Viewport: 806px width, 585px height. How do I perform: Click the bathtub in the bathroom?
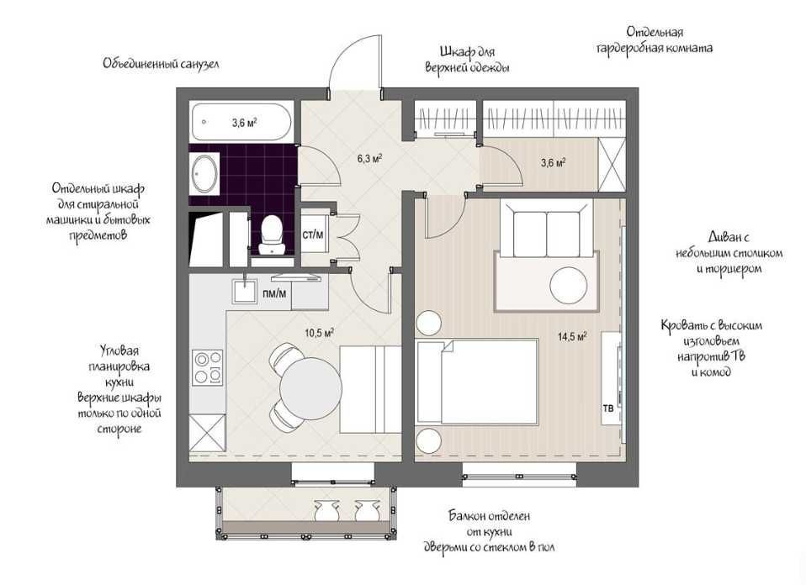241,122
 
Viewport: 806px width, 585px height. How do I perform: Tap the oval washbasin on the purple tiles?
204,174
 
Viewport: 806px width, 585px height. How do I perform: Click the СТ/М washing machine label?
313,235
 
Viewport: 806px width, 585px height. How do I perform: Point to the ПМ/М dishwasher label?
274,293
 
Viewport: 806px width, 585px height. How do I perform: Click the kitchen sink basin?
245,291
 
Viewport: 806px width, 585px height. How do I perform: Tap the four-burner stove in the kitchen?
208,367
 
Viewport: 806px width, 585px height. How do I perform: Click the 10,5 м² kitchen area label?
319,334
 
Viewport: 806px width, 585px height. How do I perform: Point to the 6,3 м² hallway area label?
369,159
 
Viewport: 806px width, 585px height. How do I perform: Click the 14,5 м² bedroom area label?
573,337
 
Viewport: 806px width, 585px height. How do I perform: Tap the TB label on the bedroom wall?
608,408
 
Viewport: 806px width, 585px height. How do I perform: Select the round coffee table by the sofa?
569,285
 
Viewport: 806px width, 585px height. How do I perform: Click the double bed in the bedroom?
478,381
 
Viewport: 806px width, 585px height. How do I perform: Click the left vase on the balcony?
326,510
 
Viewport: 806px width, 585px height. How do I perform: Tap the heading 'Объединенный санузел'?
161,64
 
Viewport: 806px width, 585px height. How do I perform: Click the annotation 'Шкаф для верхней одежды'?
467,60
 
